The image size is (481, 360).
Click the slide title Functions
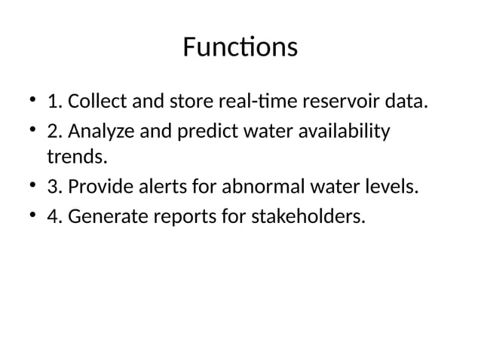(x=240, y=48)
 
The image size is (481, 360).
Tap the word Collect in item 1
(x=93, y=102)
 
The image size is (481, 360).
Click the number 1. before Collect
(x=54, y=102)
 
